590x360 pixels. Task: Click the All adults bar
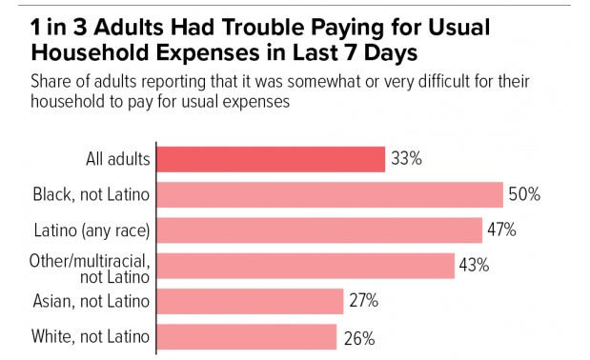point(271,159)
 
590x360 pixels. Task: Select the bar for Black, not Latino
point(330,194)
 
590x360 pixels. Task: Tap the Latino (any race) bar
point(319,230)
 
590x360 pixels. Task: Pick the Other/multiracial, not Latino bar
point(306,266)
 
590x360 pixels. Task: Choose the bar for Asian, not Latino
point(251,301)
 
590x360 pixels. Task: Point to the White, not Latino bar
point(247,337)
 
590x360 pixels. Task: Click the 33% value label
point(406,158)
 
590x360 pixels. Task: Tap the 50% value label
point(524,194)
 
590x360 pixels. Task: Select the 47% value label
point(501,230)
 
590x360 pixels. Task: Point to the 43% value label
point(474,265)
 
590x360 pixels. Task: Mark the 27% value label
point(363,301)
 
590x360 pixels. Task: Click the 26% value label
point(359,338)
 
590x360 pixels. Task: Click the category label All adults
point(118,159)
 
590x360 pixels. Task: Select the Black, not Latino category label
point(92,194)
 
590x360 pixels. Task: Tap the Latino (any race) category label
point(92,230)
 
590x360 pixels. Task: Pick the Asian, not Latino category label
point(92,301)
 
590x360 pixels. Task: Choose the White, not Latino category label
point(91,336)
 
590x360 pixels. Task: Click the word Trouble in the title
point(263,27)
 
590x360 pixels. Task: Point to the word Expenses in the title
point(208,52)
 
